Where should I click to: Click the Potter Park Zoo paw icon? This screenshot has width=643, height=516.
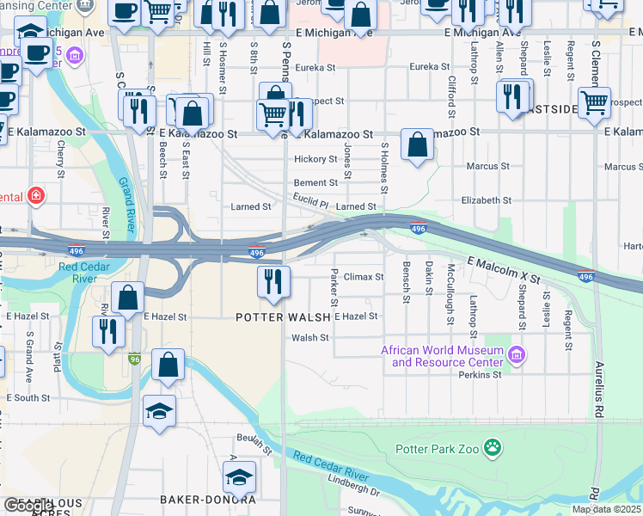click(x=492, y=446)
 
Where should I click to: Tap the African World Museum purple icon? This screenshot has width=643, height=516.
click(x=516, y=354)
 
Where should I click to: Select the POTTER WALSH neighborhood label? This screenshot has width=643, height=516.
click(x=284, y=317)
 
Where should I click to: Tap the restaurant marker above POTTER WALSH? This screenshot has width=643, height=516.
click(x=274, y=281)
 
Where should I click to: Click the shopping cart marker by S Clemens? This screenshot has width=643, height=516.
click(x=594, y=101)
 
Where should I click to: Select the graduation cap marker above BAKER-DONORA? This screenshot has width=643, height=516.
click(x=240, y=476)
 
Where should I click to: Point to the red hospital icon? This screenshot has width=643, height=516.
click(x=35, y=195)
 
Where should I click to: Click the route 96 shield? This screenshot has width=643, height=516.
click(x=134, y=358)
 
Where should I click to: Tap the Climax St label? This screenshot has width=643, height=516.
click(x=364, y=277)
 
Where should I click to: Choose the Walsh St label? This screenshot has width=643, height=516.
click(x=310, y=338)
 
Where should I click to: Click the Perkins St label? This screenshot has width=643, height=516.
click(x=480, y=375)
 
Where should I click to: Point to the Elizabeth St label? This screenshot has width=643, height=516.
click(x=486, y=200)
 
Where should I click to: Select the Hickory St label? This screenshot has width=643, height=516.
click(x=315, y=159)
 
